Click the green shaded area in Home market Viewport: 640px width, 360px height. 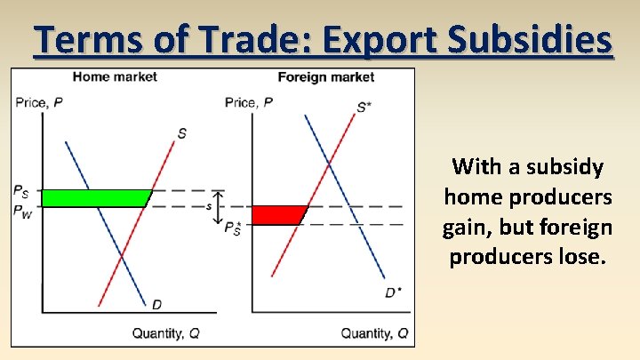[x=93, y=198]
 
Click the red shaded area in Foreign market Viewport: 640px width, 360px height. [x=277, y=215]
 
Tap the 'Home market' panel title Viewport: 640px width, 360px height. [x=115, y=76]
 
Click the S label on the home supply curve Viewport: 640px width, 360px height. [x=181, y=133]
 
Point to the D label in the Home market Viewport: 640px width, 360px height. [x=156, y=305]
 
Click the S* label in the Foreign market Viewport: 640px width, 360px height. [x=364, y=108]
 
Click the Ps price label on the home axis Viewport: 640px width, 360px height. [x=20, y=189]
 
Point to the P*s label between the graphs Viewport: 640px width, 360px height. [x=233, y=228]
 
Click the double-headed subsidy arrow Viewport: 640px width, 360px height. [x=220, y=206]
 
